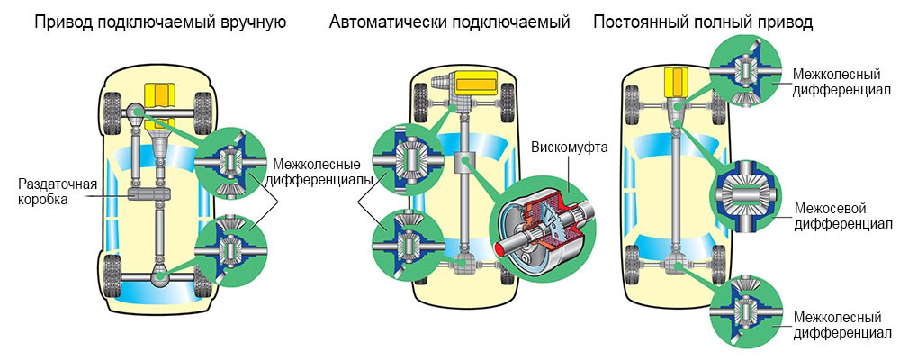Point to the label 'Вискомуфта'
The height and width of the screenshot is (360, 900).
pos(570,147)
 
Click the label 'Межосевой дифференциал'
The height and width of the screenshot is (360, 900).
pos(843,216)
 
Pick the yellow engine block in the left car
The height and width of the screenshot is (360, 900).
pos(162,95)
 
